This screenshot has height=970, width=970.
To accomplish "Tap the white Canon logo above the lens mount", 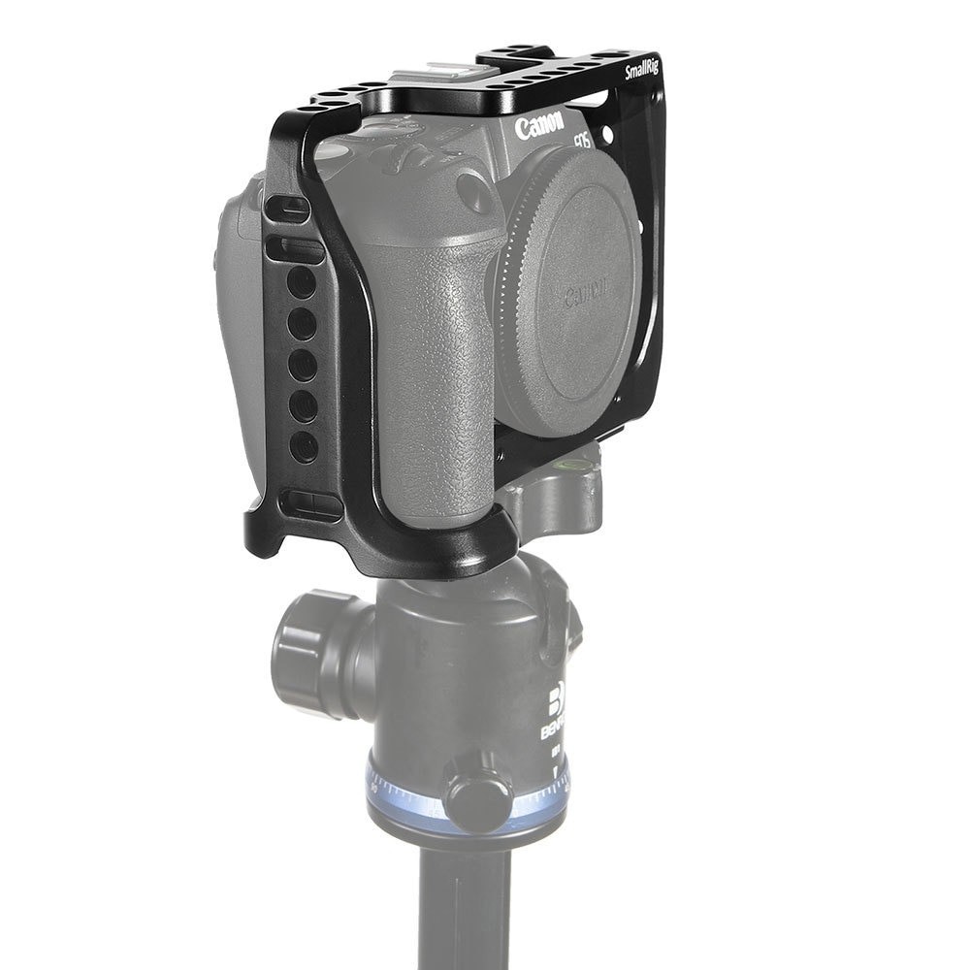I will click(x=539, y=127).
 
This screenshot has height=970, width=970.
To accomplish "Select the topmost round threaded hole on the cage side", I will click(x=302, y=282).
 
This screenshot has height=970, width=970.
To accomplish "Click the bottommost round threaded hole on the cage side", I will click(x=304, y=445).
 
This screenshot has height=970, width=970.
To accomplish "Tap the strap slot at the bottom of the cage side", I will click(x=308, y=503).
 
